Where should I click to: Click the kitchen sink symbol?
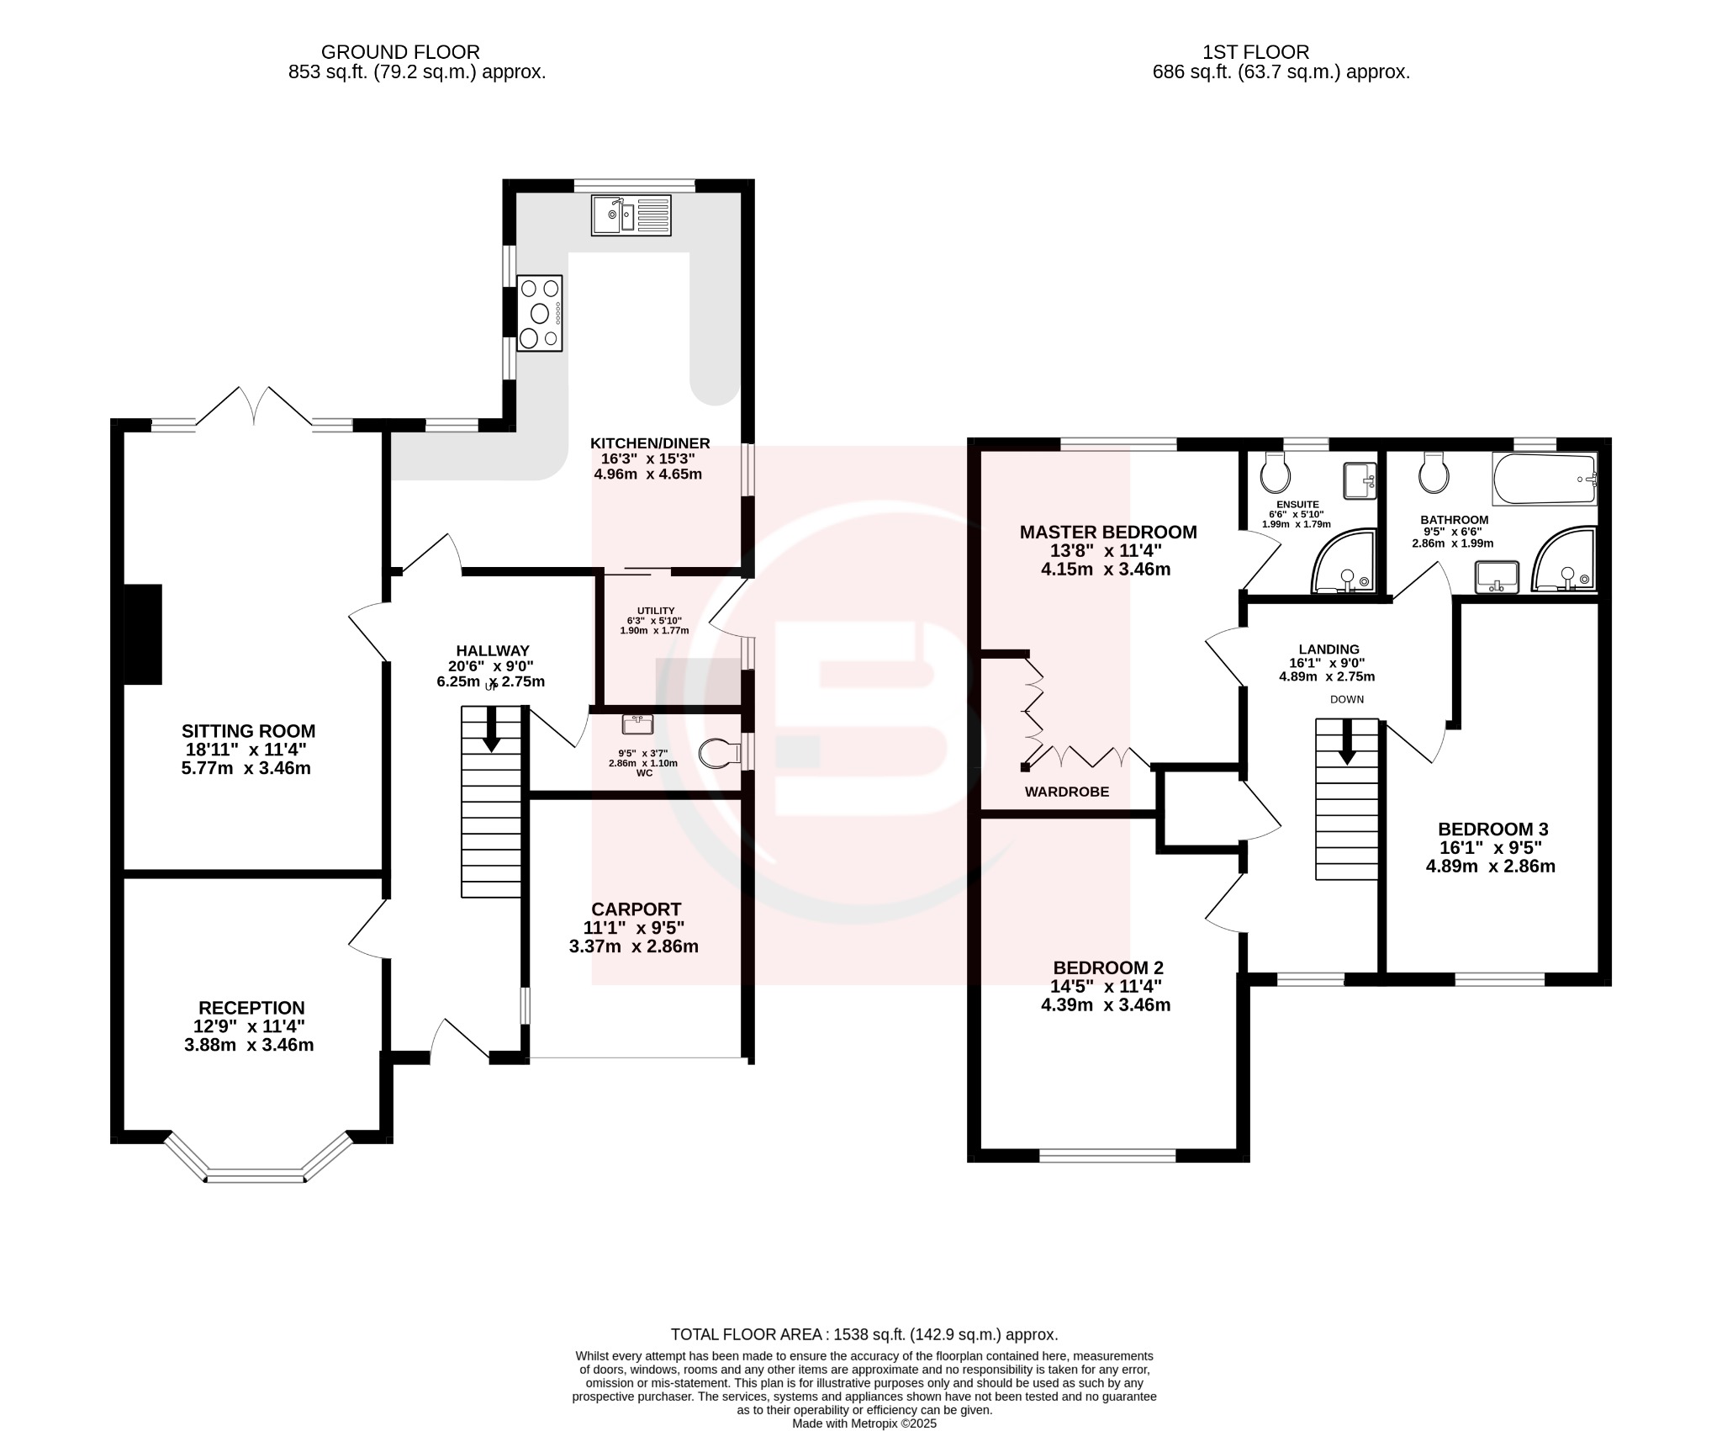click(x=631, y=215)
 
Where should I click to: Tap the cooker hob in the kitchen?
click(x=539, y=313)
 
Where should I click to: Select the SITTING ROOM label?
click(x=248, y=731)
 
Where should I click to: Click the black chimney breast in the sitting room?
click(x=143, y=634)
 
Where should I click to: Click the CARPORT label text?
click(x=636, y=909)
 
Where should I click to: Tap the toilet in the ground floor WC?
click(x=716, y=753)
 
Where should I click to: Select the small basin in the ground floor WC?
click(x=637, y=723)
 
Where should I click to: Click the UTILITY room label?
click(x=655, y=611)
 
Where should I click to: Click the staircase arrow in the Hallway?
click(x=490, y=729)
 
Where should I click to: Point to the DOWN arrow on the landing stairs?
click(x=1346, y=741)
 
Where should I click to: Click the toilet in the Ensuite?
click(x=1275, y=474)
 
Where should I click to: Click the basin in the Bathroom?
click(x=1497, y=576)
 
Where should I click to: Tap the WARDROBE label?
click(x=1066, y=792)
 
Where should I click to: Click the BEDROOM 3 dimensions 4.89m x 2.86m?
click(x=1490, y=867)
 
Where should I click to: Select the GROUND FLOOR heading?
click(x=400, y=53)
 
